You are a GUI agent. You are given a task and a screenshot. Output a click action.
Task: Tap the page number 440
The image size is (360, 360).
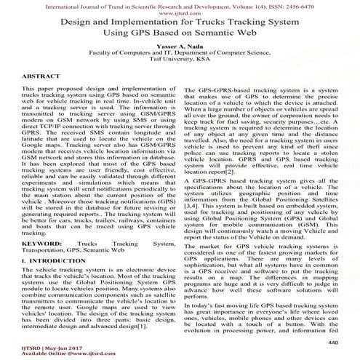point(334,321)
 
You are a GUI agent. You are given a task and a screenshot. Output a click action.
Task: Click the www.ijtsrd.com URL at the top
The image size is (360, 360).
point(179,13)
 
